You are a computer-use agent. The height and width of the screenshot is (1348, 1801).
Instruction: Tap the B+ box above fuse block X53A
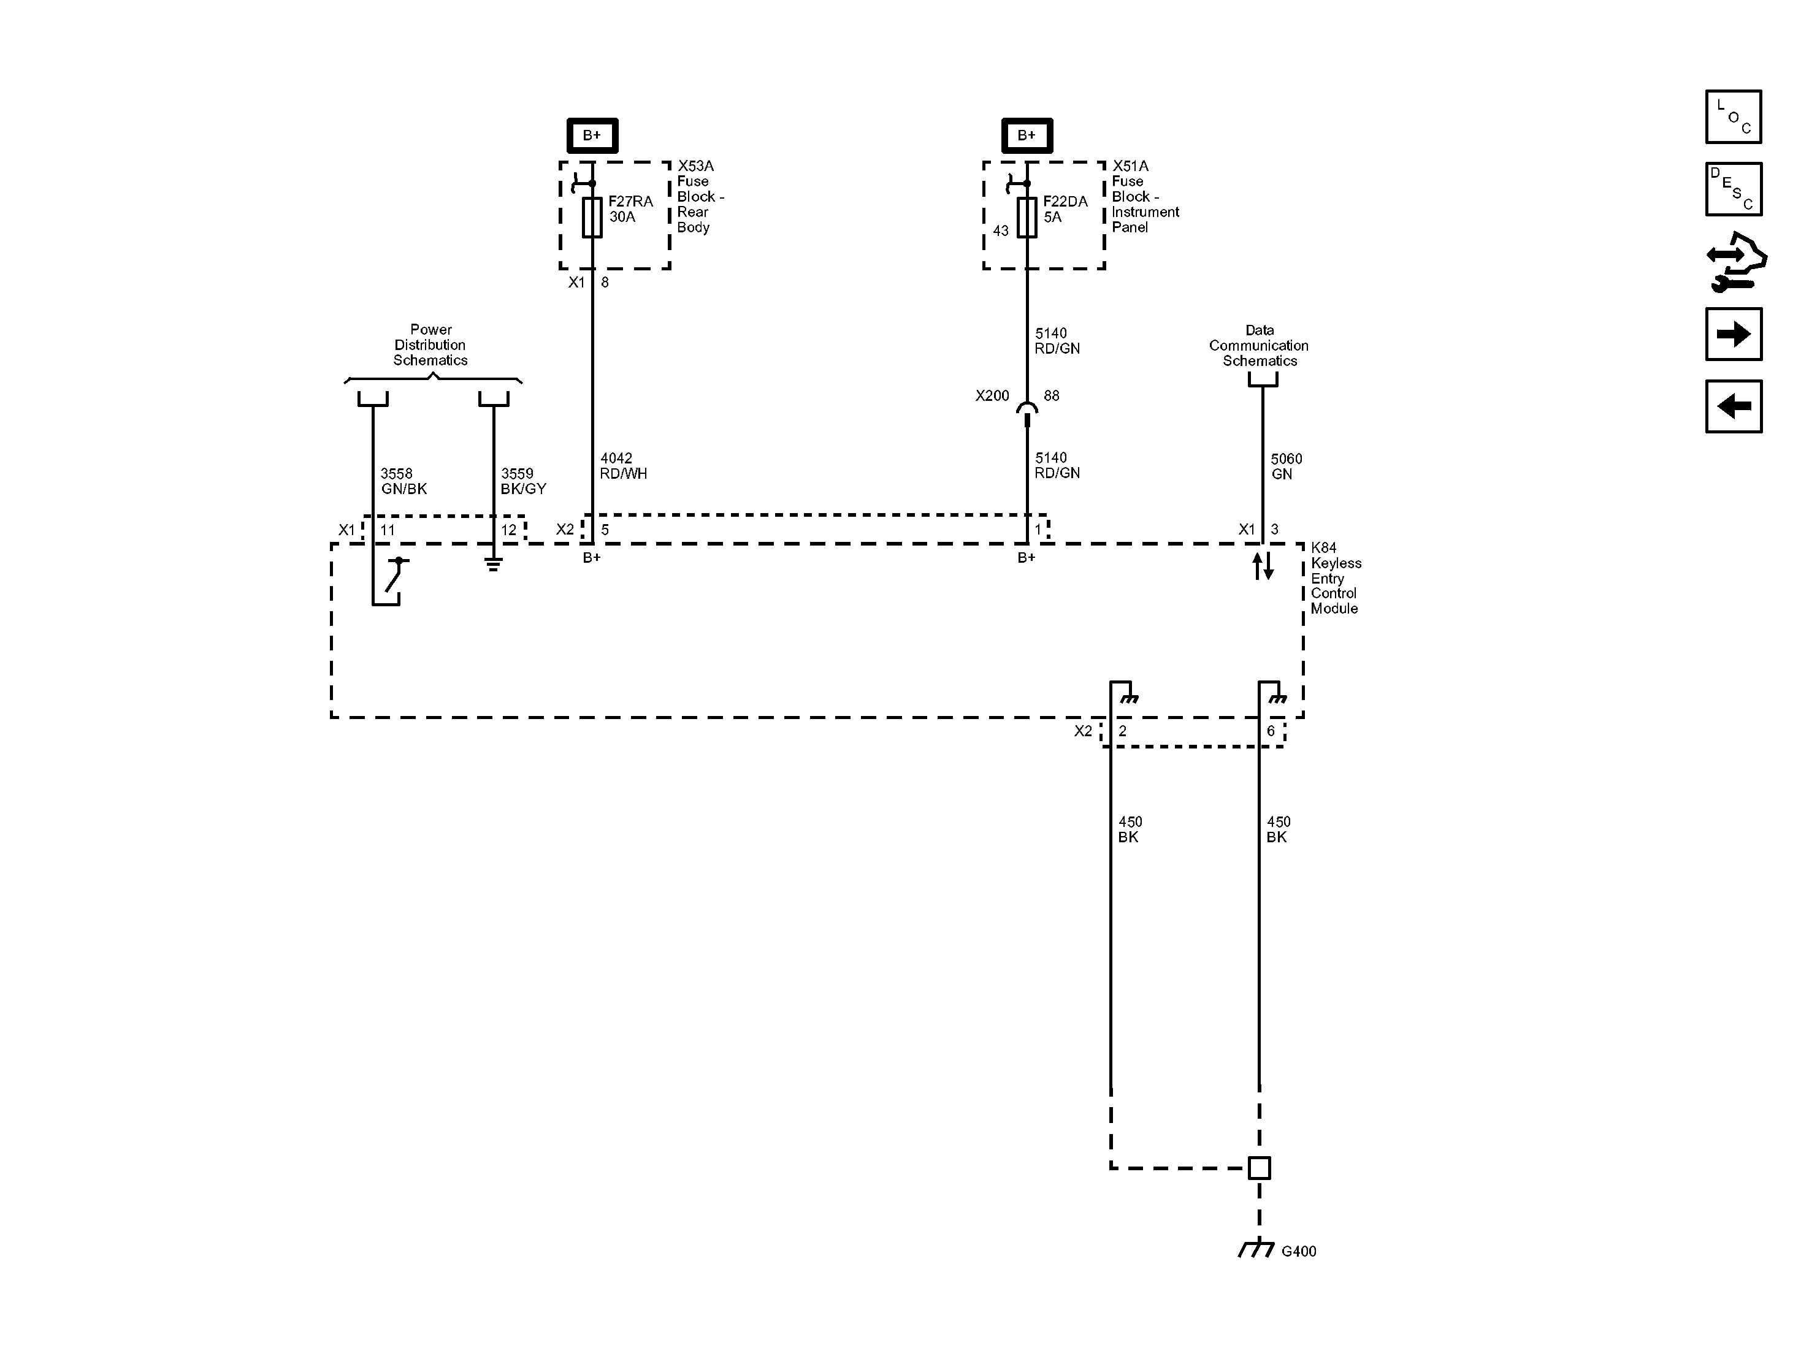tap(592, 135)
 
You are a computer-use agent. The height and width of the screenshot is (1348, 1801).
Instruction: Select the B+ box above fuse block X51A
tap(1027, 135)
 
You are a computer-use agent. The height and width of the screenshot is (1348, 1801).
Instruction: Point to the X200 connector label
tap(992, 395)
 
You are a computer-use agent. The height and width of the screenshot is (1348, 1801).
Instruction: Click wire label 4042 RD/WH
tap(623, 466)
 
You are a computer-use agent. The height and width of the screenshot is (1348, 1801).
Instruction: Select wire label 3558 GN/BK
tap(403, 481)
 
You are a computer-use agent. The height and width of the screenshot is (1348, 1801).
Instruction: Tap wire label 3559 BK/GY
tap(522, 481)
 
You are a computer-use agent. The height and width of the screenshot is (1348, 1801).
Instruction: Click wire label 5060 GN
tap(1286, 466)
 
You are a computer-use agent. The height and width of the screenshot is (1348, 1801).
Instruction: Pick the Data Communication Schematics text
tap(1259, 345)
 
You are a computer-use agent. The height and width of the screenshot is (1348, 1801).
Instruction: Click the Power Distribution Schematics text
tap(430, 345)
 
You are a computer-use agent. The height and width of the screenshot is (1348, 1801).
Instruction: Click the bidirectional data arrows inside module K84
tap(1262, 566)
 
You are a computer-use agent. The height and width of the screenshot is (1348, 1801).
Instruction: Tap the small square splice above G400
tap(1259, 1168)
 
